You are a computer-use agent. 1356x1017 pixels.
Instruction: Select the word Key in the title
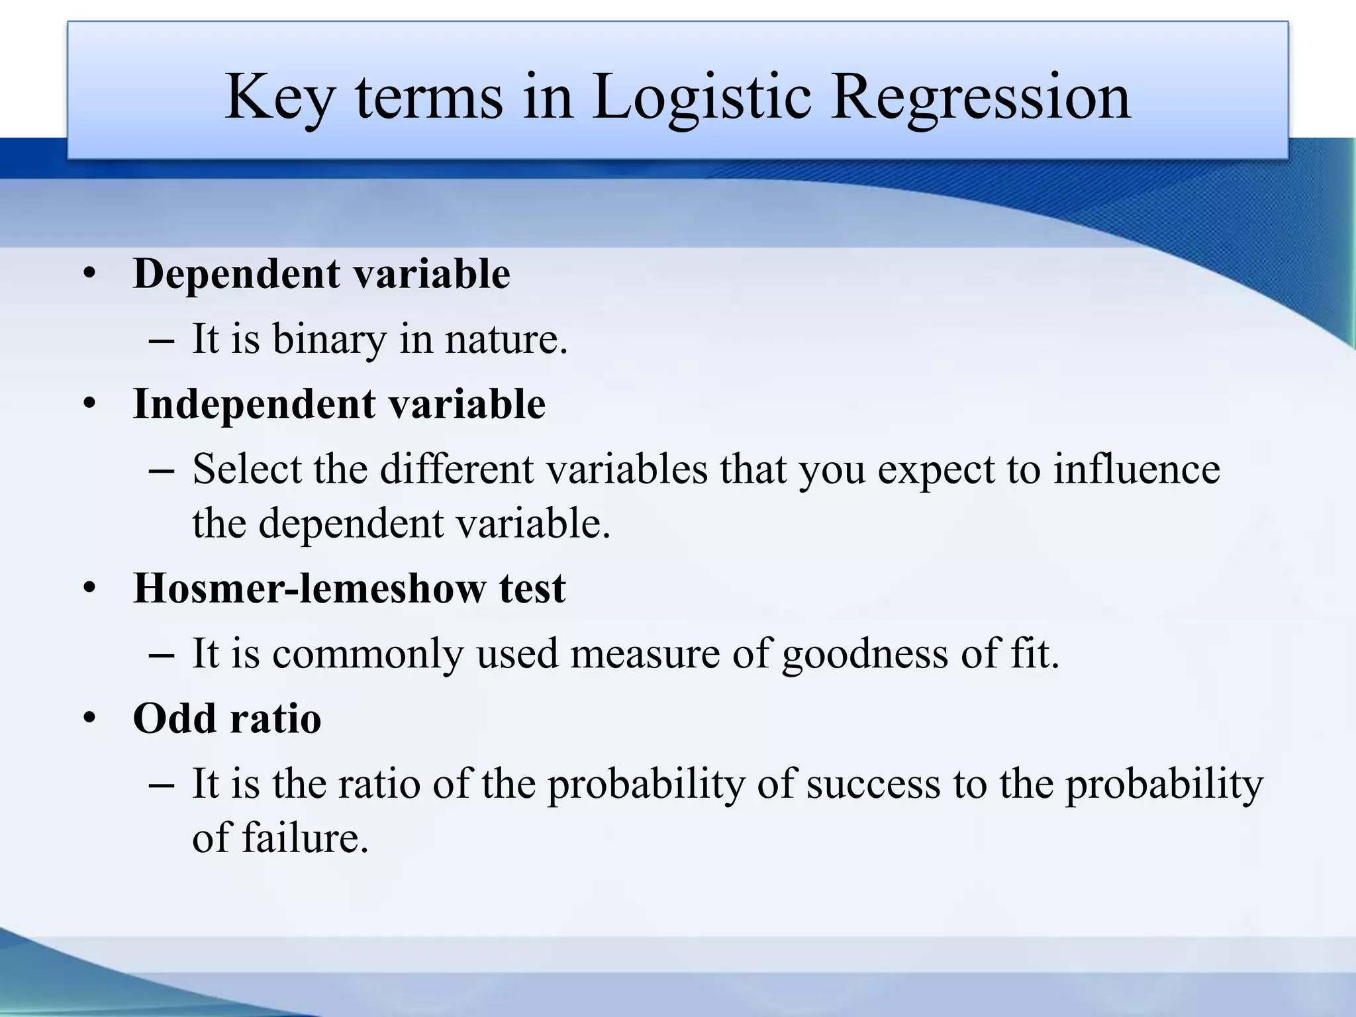coord(278,98)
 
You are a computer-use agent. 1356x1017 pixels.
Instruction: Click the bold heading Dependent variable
coord(322,273)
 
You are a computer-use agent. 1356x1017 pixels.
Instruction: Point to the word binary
coord(329,339)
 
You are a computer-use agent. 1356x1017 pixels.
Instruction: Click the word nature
coord(506,339)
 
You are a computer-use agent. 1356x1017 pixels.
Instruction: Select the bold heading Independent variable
coord(339,404)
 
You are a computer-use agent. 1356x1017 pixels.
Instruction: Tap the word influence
coord(1136,469)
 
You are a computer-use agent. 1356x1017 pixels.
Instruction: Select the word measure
coord(644,654)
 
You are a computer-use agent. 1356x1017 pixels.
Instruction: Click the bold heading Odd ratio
coord(227,718)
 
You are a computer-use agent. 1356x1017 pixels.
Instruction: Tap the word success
coord(873,784)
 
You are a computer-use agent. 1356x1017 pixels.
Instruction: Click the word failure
coord(305,838)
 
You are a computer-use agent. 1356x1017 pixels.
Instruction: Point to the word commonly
coord(367,654)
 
